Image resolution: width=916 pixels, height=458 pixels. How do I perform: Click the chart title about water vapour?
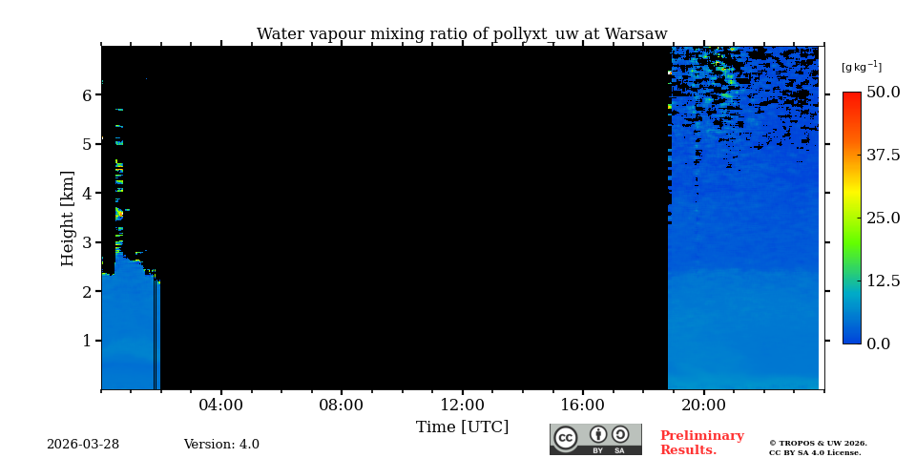(462, 34)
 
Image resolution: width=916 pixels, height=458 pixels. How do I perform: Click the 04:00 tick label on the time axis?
(220, 406)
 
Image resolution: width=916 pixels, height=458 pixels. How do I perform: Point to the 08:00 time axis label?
(341, 406)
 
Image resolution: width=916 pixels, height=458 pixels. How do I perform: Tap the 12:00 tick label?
(462, 406)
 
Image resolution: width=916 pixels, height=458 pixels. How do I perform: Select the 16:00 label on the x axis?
(582, 406)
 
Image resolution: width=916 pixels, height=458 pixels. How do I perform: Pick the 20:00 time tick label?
(703, 406)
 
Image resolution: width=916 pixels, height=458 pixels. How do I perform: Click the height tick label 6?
(87, 95)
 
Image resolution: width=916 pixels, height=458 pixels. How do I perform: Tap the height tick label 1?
(87, 341)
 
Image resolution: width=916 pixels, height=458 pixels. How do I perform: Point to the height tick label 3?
(87, 242)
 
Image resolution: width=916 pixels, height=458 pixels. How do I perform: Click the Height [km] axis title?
(68, 218)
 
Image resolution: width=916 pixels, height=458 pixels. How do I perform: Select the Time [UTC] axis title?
(462, 427)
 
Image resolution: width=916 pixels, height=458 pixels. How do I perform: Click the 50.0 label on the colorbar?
(883, 93)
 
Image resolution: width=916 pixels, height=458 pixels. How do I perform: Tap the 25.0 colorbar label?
(883, 218)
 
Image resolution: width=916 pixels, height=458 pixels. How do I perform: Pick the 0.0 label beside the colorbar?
(878, 343)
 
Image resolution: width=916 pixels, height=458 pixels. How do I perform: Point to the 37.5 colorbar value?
(883, 156)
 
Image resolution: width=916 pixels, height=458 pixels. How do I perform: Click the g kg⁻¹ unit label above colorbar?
(861, 67)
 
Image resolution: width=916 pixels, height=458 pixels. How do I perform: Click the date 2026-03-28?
(83, 445)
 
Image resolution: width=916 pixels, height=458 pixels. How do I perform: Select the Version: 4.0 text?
(221, 445)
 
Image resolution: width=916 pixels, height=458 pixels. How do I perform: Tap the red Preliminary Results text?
(701, 443)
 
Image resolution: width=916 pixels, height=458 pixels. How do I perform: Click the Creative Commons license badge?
(595, 439)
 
